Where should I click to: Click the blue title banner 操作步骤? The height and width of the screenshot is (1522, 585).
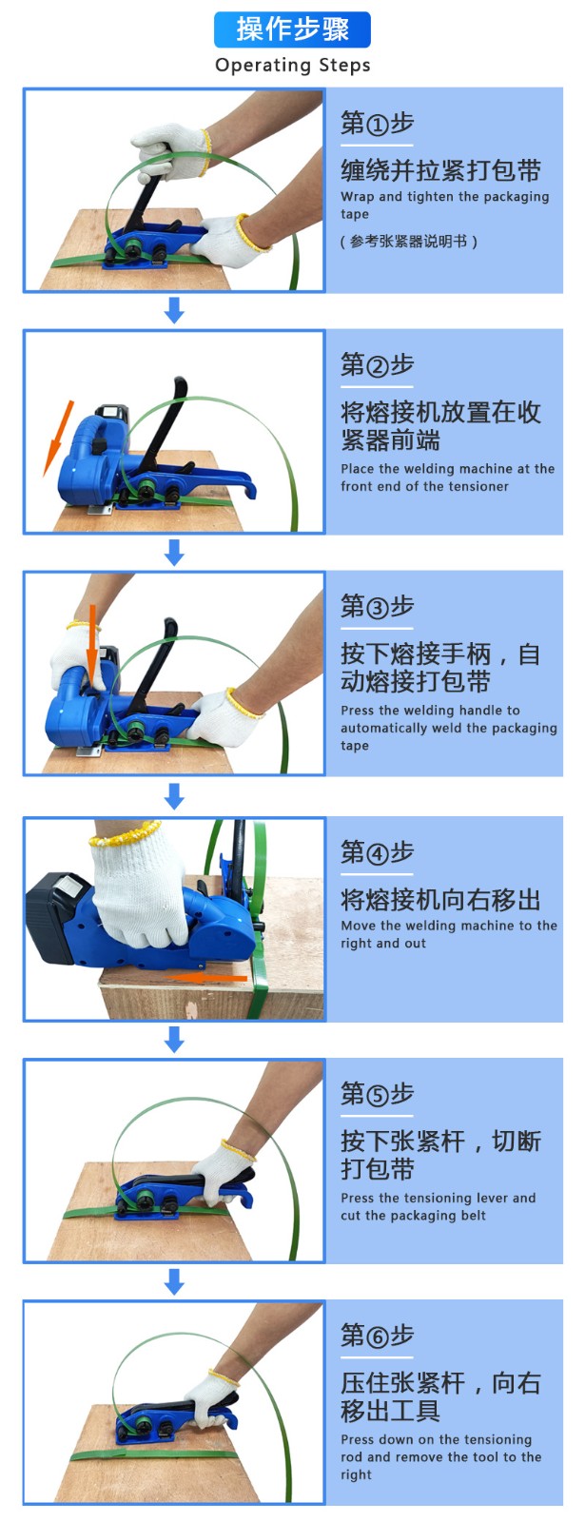click(292, 29)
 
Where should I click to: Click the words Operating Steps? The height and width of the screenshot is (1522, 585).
click(293, 66)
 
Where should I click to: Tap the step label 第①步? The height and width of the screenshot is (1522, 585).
click(377, 124)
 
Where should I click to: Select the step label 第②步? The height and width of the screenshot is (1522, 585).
click(377, 365)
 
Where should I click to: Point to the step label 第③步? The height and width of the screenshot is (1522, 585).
click(377, 607)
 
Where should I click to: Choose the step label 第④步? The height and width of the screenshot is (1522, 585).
click(377, 852)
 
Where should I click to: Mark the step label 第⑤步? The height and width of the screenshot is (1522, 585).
click(377, 1094)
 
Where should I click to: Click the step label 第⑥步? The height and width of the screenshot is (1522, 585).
click(377, 1336)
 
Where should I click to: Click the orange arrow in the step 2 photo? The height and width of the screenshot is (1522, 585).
click(58, 438)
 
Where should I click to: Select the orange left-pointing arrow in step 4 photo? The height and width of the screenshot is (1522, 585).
click(207, 978)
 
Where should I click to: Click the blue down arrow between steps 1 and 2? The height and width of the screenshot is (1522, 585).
click(175, 311)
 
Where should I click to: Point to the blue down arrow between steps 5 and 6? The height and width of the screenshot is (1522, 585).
click(175, 1281)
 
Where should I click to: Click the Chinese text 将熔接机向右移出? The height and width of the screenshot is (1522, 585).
click(440, 900)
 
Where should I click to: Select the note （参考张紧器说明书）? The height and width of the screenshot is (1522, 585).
click(408, 242)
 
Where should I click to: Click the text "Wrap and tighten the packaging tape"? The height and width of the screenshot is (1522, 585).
click(445, 205)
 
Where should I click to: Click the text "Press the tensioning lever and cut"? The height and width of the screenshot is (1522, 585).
click(439, 1206)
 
